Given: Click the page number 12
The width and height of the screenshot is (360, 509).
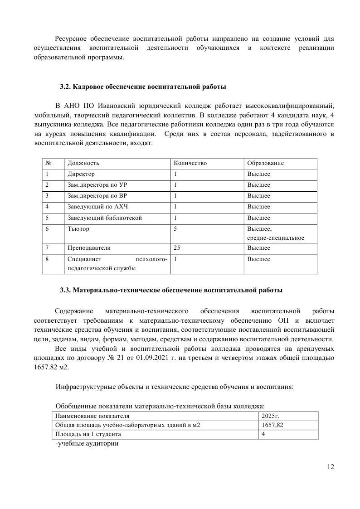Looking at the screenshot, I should coord(330,467).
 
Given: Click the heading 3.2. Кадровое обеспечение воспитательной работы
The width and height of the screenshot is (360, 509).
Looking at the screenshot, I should coord(143,86).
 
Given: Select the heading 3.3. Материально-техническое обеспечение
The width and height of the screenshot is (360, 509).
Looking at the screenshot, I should coord(171,290).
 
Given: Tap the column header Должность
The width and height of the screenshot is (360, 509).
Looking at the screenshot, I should coord(83,163).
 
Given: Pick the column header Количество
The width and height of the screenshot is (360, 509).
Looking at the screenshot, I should coord(190,163).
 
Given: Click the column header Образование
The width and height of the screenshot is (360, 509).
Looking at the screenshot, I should coord(266,163).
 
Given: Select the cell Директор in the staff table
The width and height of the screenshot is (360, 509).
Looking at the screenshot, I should coord(81,174).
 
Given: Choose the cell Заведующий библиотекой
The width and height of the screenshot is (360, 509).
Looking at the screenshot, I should coord(105,218).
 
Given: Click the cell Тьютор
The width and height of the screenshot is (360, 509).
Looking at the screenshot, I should coord(78,229).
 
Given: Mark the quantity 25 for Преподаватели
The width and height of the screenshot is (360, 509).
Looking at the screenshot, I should coord(177,248).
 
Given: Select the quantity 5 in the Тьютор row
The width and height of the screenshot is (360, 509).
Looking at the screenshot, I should coord(175,229).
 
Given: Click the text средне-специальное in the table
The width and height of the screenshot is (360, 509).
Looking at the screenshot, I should coord(276,238).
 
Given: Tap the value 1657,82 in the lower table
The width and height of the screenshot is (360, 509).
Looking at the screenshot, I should coord(273,425).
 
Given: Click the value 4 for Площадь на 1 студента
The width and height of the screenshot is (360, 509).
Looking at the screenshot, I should coord(263,434).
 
